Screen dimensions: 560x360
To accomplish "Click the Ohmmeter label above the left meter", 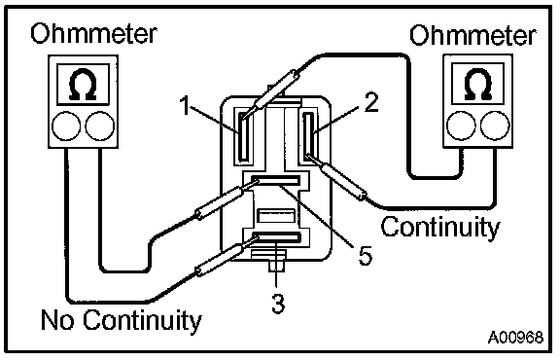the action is pos(93,34).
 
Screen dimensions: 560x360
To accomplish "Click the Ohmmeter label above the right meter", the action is pos(472,35).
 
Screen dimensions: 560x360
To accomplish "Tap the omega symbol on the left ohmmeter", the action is pos(83,84).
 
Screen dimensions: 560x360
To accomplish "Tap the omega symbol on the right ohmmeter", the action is pos(477,84).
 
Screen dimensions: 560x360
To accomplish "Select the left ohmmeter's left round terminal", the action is pos(66,126).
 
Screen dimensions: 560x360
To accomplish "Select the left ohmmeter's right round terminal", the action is pos(100,126).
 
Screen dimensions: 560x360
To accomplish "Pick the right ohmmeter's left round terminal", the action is pos(462,126).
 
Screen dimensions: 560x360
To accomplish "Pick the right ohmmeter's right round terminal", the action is pos(496,126).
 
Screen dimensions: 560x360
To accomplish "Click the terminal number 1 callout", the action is pos(185,105).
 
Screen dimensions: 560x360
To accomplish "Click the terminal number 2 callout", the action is pos(371,102).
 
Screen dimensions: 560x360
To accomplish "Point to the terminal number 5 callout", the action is pos(365,255).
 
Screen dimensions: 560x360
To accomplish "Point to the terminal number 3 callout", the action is pos(278,304).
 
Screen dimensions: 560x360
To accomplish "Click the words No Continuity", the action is pos(122,320).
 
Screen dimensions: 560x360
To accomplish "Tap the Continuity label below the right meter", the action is pos(440,227).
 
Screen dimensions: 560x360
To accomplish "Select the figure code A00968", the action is pos(515,337).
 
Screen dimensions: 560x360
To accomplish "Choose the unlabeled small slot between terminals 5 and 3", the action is pos(276,217).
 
